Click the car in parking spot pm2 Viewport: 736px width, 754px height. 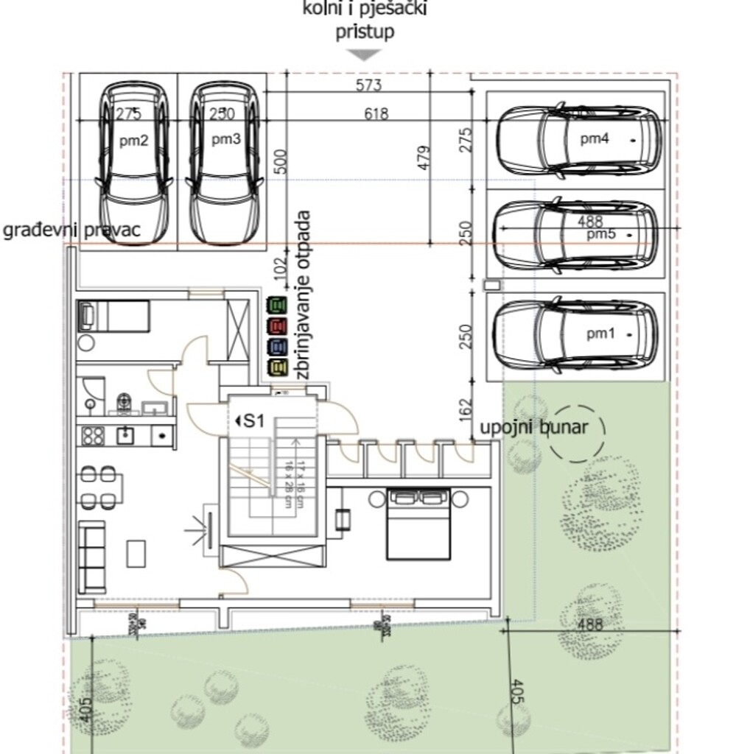(135, 162)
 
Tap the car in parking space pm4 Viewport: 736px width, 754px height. (578, 140)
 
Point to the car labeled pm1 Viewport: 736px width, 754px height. (575, 335)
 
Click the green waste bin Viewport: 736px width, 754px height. (277, 304)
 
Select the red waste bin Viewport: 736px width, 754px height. (277, 325)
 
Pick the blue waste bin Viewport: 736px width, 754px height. (277, 346)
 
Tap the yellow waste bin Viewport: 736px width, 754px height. (277, 367)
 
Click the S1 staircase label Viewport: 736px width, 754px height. (251, 421)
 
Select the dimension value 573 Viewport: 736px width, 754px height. (368, 85)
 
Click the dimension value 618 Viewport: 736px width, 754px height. (375, 113)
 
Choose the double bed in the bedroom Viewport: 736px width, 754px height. (418, 524)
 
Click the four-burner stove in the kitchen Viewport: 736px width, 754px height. (93, 435)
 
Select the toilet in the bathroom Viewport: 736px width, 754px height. (124, 402)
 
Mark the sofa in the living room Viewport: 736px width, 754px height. (92, 557)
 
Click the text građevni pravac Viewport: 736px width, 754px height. (71, 230)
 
